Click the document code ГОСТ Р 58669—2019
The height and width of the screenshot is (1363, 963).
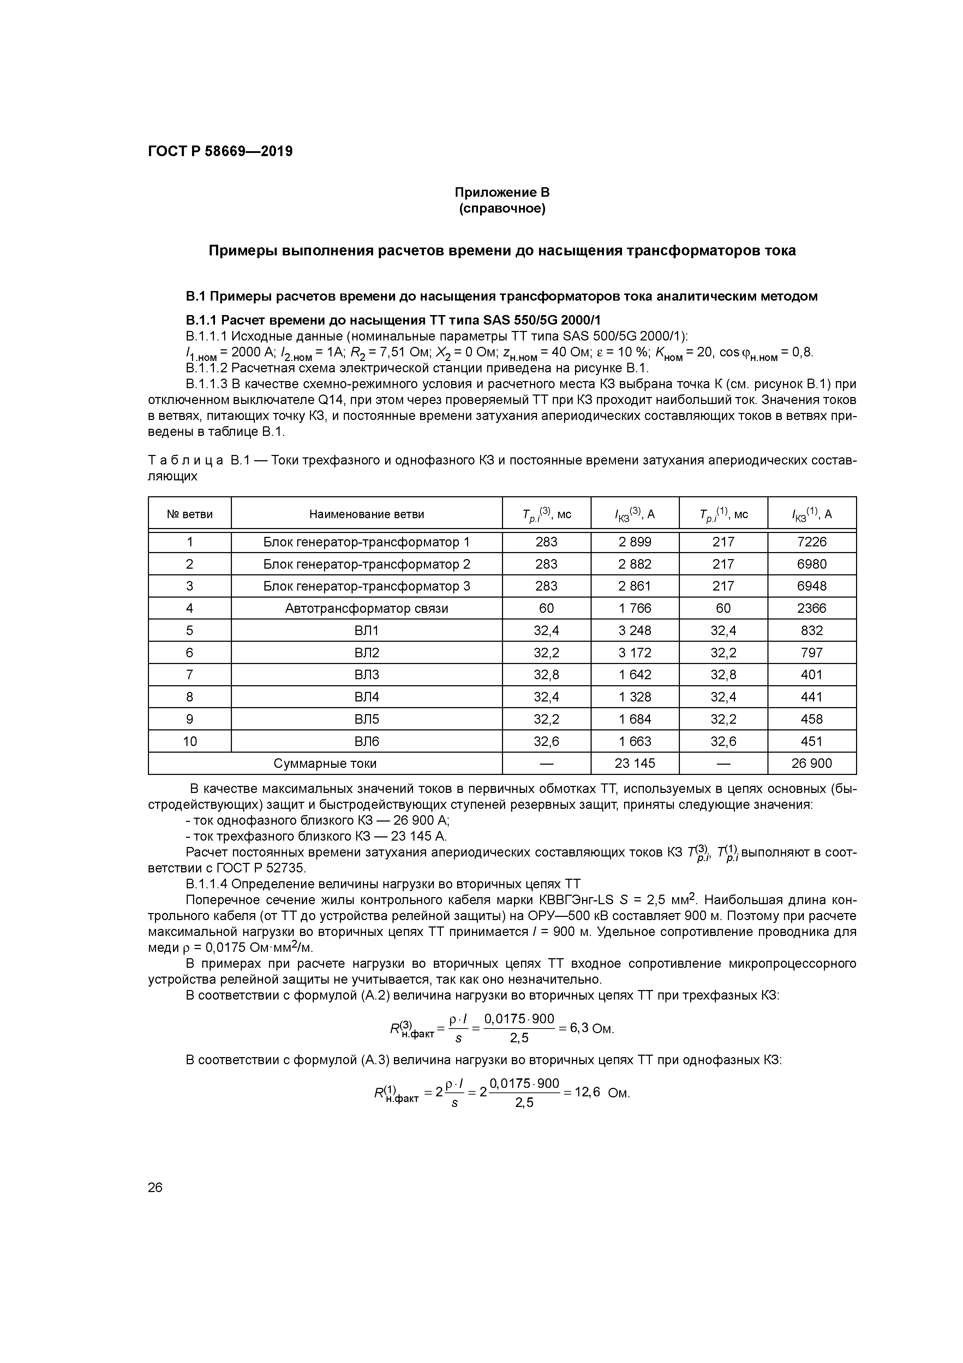click(x=220, y=152)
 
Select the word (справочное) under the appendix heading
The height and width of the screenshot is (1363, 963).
click(x=502, y=209)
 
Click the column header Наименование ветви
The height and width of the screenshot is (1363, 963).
click(x=367, y=514)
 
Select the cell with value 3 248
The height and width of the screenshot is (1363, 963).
click(x=634, y=630)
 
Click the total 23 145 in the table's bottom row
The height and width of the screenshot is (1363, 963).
click(x=634, y=763)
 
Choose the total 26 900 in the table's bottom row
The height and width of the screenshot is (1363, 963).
click(x=811, y=763)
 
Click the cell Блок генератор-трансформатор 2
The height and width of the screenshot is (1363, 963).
click(x=367, y=564)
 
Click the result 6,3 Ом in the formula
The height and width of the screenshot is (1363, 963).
click(x=591, y=1027)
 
